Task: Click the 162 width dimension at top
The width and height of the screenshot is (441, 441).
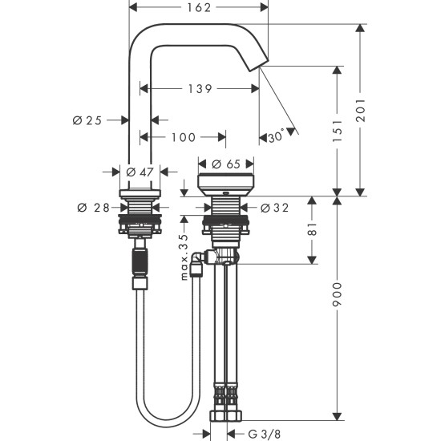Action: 197,8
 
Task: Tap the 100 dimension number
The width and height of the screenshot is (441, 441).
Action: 184,137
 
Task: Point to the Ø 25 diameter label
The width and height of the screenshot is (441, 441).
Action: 88,120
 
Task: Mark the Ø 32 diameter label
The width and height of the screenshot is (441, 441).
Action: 274,208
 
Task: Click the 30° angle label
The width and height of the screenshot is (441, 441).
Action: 275,137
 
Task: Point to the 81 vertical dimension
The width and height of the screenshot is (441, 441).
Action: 313,229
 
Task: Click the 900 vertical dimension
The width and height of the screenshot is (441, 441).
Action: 338,299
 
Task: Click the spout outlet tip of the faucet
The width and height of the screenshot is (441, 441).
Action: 261,67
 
